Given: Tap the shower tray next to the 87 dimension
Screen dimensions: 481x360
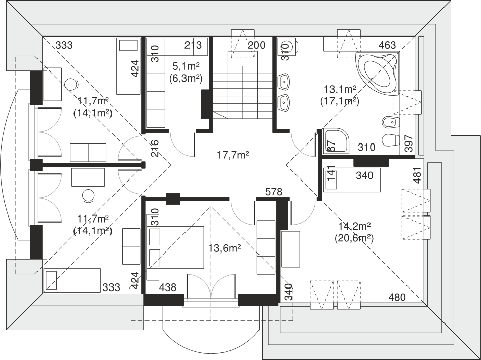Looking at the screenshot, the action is pyautogui.click(x=336, y=141).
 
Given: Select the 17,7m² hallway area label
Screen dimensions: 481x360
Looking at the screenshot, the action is pyautogui.click(x=233, y=155).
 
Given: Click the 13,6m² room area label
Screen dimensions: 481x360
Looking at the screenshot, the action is pyautogui.click(x=225, y=248).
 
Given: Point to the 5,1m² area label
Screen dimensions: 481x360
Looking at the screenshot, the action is pyautogui.click(x=186, y=66).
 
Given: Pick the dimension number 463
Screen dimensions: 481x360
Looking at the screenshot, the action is pyautogui.click(x=387, y=45).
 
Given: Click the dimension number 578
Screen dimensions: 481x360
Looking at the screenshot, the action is pyautogui.click(x=273, y=192).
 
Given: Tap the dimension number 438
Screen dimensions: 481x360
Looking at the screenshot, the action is pyautogui.click(x=168, y=287).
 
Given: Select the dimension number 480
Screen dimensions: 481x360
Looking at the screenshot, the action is pyautogui.click(x=397, y=297).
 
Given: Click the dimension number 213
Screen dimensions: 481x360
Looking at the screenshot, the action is pyautogui.click(x=193, y=45).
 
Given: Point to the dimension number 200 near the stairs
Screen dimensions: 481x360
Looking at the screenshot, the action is pyautogui.click(x=256, y=45).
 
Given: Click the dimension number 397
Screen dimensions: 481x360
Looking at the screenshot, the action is pyautogui.click(x=409, y=143).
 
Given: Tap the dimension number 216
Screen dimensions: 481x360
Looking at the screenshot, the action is pyautogui.click(x=155, y=149).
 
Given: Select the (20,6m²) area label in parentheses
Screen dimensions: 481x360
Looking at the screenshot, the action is pyautogui.click(x=354, y=238).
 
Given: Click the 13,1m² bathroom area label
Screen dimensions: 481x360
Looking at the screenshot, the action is pyautogui.click(x=340, y=89).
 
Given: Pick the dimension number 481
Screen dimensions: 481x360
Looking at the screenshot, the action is pyautogui.click(x=417, y=175).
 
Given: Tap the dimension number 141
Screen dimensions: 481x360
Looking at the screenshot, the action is pyautogui.click(x=330, y=173).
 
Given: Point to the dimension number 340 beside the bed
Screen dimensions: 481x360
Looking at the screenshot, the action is pyautogui.click(x=364, y=175).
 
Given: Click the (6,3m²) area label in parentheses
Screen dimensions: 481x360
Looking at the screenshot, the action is pyautogui.click(x=186, y=79).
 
